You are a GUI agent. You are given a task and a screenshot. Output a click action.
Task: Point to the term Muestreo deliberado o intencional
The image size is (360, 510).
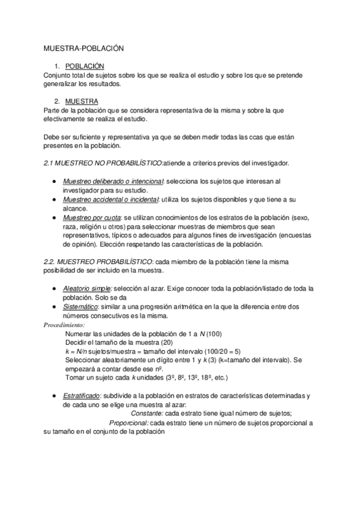tap(105, 180)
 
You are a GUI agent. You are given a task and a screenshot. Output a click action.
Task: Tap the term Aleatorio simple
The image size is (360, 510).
tap(87, 289)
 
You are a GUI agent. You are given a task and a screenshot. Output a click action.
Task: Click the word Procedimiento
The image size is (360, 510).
tap(65, 325)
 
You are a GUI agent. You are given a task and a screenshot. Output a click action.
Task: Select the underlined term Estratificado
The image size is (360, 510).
tap(82, 395)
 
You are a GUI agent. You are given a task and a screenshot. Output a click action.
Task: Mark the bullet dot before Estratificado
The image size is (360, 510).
tap(54, 395)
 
